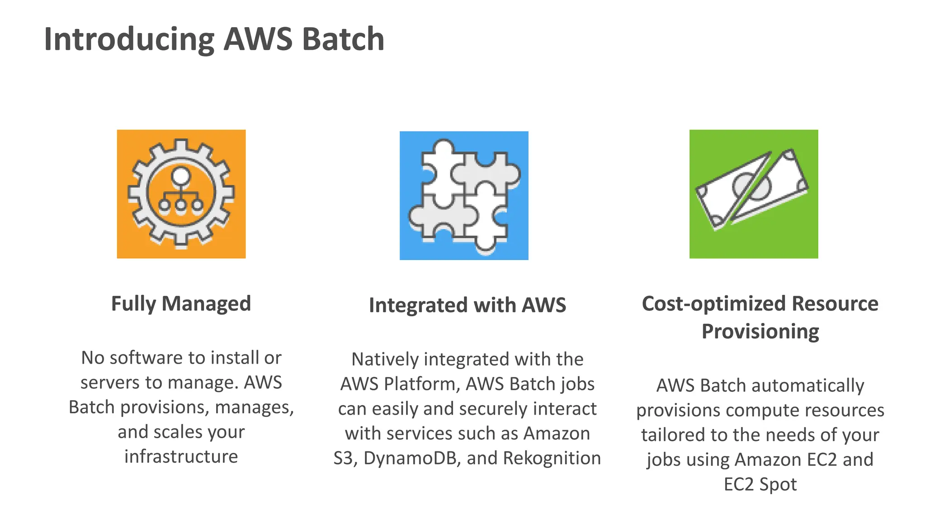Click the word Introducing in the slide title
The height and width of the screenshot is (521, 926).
click(129, 40)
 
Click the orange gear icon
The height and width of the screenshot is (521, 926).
click(181, 194)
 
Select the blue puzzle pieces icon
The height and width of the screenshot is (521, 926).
click(464, 195)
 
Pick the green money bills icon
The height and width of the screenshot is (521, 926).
click(753, 194)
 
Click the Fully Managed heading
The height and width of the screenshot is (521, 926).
click(181, 303)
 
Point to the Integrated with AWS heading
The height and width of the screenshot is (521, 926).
click(467, 305)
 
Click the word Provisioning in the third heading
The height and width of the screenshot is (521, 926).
click(760, 332)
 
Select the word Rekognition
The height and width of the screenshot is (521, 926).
click(552, 458)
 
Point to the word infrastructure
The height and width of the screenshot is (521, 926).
click(181, 456)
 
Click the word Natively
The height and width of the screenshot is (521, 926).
click(385, 360)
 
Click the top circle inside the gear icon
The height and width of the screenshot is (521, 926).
click(181, 175)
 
